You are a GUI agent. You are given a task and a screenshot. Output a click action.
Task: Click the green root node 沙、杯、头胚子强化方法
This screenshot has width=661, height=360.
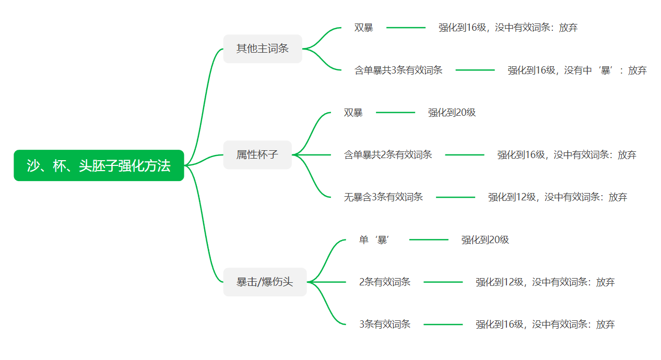pyautogui.click(x=99, y=165)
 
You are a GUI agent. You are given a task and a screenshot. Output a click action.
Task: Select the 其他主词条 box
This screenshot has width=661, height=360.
pyautogui.click(x=263, y=49)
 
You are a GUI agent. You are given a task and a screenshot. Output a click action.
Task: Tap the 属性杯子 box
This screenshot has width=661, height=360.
pyautogui.click(x=257, y=155)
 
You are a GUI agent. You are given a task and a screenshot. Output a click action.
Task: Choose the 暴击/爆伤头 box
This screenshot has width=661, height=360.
pyautogui.click(x=265, y=282)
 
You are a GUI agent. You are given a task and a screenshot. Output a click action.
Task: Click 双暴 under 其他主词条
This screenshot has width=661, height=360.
pyautogui.click(x=363, y=28)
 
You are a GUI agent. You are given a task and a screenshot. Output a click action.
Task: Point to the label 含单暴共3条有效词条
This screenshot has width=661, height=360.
pyautogui.click(x=398, y=70)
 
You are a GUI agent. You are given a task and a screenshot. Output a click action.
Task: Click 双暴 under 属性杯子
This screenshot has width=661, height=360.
pyautogui.click(x=353, y=113)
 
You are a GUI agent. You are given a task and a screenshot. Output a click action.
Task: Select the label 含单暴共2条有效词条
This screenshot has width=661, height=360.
pyautogui.click(x=388, y=155)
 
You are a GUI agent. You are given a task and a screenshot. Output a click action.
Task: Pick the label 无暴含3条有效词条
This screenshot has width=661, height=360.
pyautogui.click(x=383, y=197)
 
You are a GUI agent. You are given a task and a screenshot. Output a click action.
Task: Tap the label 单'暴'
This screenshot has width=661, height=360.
pyautogui.click(x=374, y=239)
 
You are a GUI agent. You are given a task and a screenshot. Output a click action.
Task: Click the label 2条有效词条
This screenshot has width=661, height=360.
pyautogui.click(x=384, y=282)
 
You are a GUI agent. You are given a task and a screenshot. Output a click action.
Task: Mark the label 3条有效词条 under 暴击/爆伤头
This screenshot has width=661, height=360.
pyautogui.click(x=384, y=325)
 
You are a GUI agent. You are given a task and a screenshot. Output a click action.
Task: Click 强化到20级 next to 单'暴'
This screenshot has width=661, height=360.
pyautogui.click(x=485, y=239)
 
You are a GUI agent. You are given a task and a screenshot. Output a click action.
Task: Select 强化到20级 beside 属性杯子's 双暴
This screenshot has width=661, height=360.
pyautogui.click(x=452, y=113)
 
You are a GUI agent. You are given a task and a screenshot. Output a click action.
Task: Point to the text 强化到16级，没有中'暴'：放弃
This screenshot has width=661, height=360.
pyautogui.click(x=577, y=70)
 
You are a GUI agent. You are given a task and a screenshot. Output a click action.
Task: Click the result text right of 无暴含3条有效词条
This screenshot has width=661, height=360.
pyautogui.click(x=558, y=197)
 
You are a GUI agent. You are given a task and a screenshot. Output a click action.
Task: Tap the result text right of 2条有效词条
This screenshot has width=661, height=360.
pyautogui.click(x=545, y=282)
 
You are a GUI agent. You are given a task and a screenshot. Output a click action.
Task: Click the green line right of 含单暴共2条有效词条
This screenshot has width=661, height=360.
pyautogui.click(x=465, y=155)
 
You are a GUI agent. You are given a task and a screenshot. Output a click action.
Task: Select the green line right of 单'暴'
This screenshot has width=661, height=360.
pyautogui.click(x=429, y=239)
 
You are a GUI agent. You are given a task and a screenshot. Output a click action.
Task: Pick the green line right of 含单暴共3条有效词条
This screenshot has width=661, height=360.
pyautogui.click(x=475, y=70)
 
